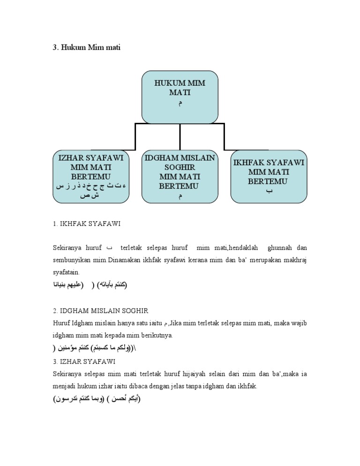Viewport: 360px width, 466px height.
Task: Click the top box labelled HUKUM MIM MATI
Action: [180, 97]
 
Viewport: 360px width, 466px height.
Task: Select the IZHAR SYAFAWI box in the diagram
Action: [91, 177]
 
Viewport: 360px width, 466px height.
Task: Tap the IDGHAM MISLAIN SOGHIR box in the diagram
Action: [180, 177]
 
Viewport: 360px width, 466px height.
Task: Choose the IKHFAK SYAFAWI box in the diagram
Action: [269, 177]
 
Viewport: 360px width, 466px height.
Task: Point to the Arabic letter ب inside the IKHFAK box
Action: [269, 191]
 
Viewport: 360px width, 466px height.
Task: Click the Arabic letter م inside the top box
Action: [180, 103]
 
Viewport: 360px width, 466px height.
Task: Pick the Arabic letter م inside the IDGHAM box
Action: [180, 196]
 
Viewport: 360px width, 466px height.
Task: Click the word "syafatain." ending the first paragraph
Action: [66, 272]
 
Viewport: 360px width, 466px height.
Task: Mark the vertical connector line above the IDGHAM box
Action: [180, 136]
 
